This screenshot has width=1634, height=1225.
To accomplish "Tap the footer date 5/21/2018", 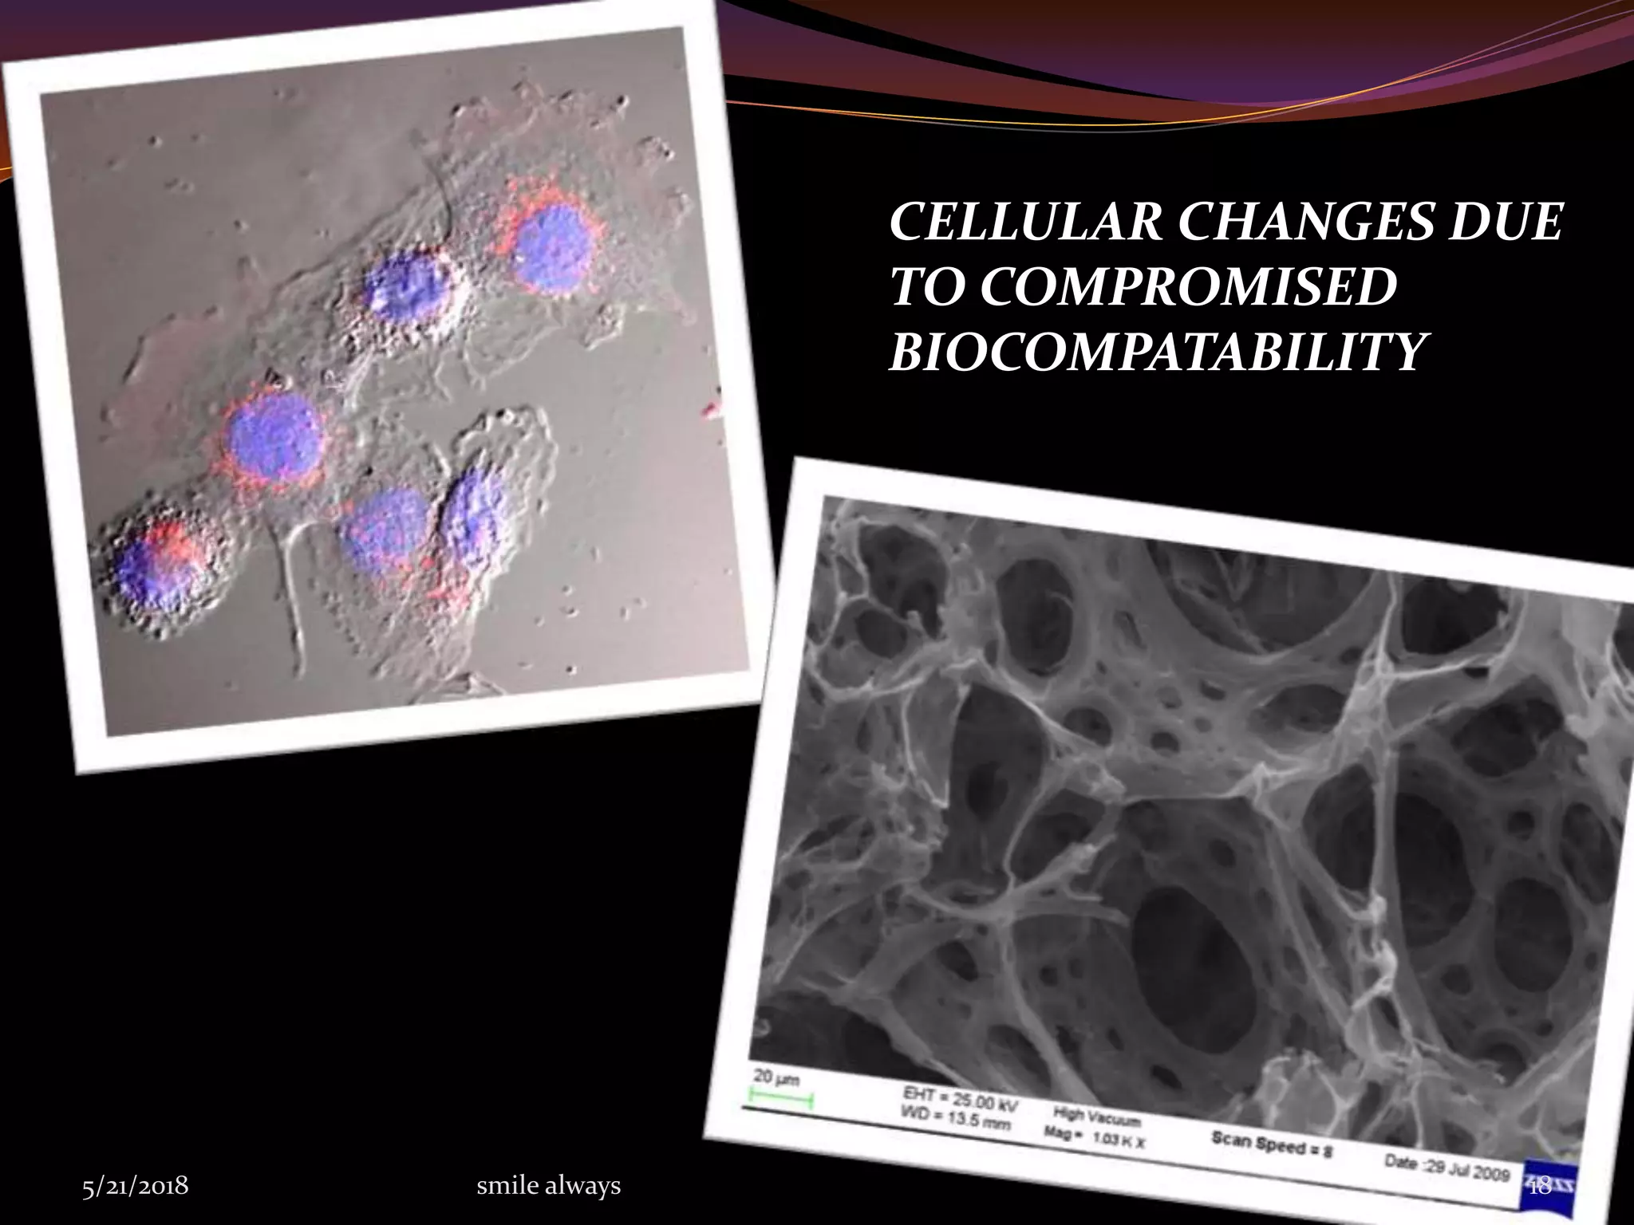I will tap(136, 1186).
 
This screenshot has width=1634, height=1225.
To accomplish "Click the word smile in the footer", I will tap(506, 1186).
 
